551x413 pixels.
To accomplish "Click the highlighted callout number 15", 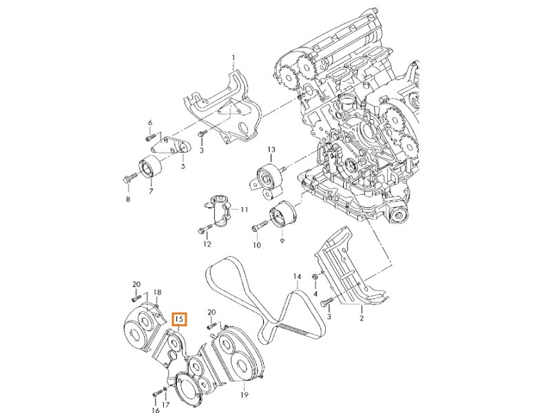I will (x=179, y=319).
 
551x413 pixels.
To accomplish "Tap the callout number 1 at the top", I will (x=233, y=57).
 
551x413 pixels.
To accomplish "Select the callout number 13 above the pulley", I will (x=271, y=150).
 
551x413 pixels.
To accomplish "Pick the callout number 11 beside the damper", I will (x=243, y=209).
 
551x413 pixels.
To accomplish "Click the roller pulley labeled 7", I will (x=149, y=169).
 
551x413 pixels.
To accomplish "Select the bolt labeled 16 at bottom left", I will (x=155, y=395).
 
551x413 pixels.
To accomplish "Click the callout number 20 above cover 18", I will (x=136, y=284).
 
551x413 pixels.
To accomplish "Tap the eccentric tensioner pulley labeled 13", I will (x=268, y=177).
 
